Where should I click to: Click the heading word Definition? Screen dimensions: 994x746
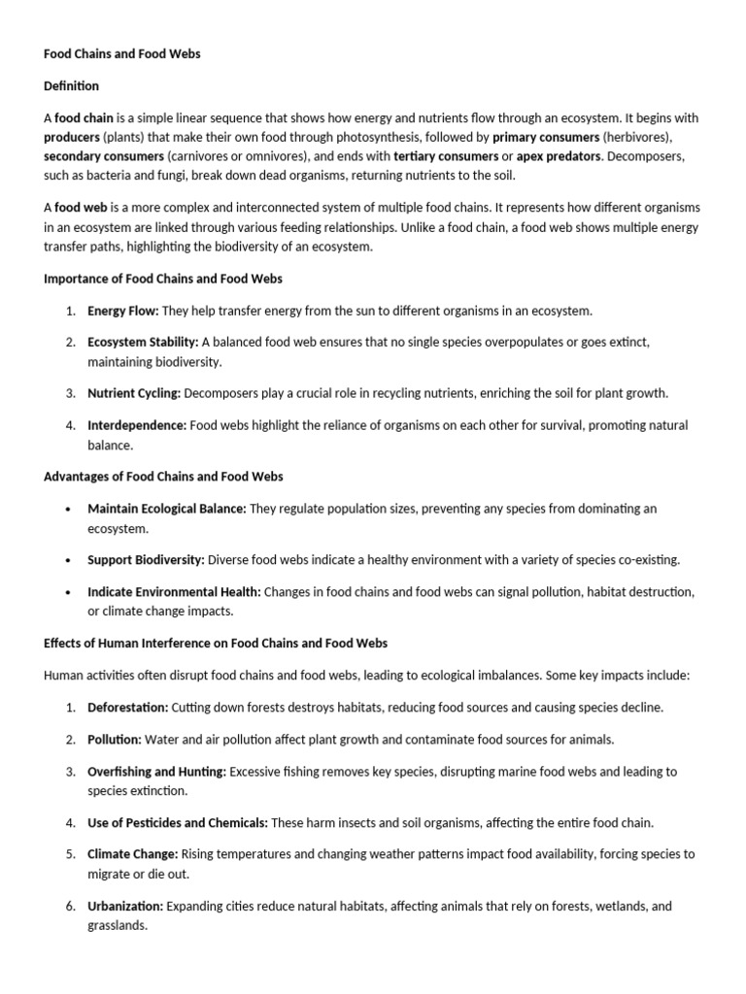72,86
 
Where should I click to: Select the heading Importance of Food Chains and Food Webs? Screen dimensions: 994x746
163,279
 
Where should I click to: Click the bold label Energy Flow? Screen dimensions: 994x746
123,311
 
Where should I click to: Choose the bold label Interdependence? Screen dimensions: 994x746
137,425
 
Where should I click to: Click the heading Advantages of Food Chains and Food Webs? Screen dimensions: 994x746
163,477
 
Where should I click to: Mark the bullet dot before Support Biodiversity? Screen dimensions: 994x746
68,560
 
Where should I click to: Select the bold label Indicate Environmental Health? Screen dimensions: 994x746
174,591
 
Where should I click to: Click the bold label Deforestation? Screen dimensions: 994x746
128,708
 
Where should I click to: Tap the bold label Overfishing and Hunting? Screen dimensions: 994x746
156,772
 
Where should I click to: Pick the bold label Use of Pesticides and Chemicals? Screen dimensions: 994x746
178,823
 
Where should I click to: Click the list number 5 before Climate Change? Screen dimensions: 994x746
70,855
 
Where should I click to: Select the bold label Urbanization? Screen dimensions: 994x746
125,907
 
